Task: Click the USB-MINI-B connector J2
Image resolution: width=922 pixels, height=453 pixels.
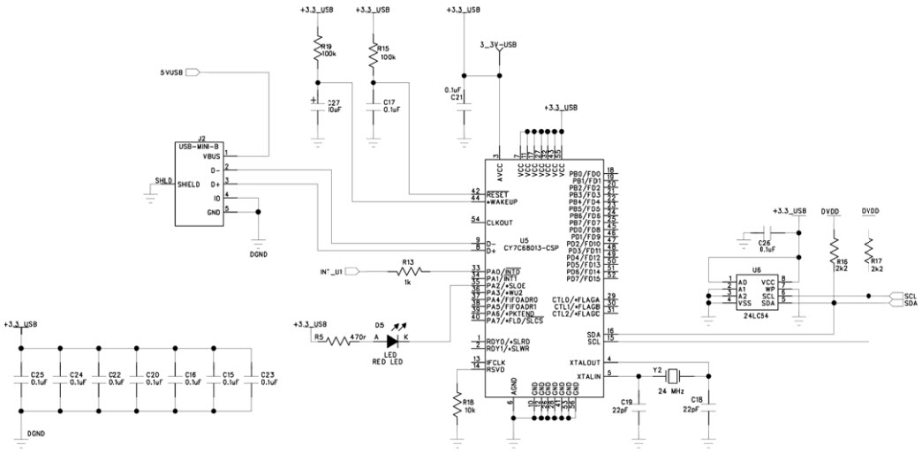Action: point(199,183)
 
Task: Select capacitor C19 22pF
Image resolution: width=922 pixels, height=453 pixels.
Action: point(641,405)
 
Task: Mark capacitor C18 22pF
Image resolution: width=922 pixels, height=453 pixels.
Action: point(708,405)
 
